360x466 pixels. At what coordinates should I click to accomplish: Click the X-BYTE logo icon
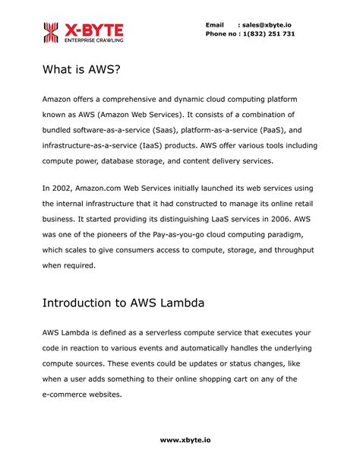point(50,32)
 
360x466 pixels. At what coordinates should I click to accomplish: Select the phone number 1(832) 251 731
point(267,34)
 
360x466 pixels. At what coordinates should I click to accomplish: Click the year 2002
point(62,188)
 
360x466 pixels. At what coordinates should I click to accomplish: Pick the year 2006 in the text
point(274,219)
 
